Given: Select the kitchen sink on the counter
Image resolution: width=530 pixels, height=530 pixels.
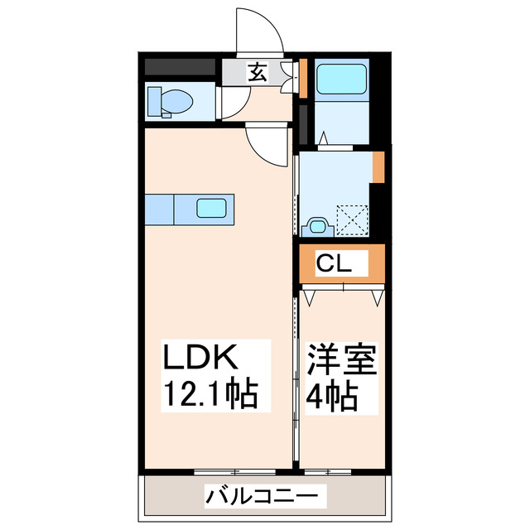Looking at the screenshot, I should [212, 208].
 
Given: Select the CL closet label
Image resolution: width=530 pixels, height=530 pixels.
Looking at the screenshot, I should [336, 265].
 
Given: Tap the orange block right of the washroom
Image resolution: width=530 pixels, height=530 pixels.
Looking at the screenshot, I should [378, 166].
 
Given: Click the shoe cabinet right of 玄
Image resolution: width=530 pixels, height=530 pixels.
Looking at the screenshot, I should [289, 76].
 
